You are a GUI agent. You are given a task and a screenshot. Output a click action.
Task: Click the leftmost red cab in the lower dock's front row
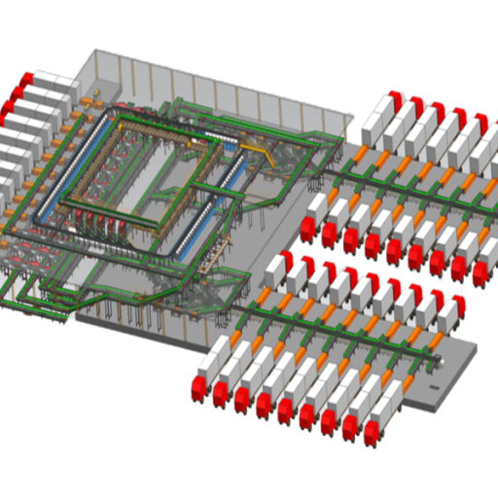pos(200,387)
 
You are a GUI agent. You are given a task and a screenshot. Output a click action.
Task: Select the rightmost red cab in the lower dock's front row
pos(373,435)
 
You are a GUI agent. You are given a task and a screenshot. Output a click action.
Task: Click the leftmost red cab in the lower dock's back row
pos(276,262)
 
